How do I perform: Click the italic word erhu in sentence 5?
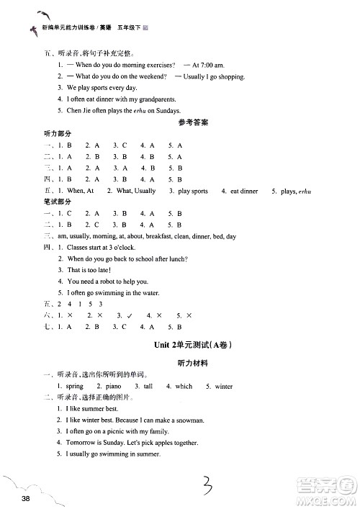132,110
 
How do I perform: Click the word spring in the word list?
74,386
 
